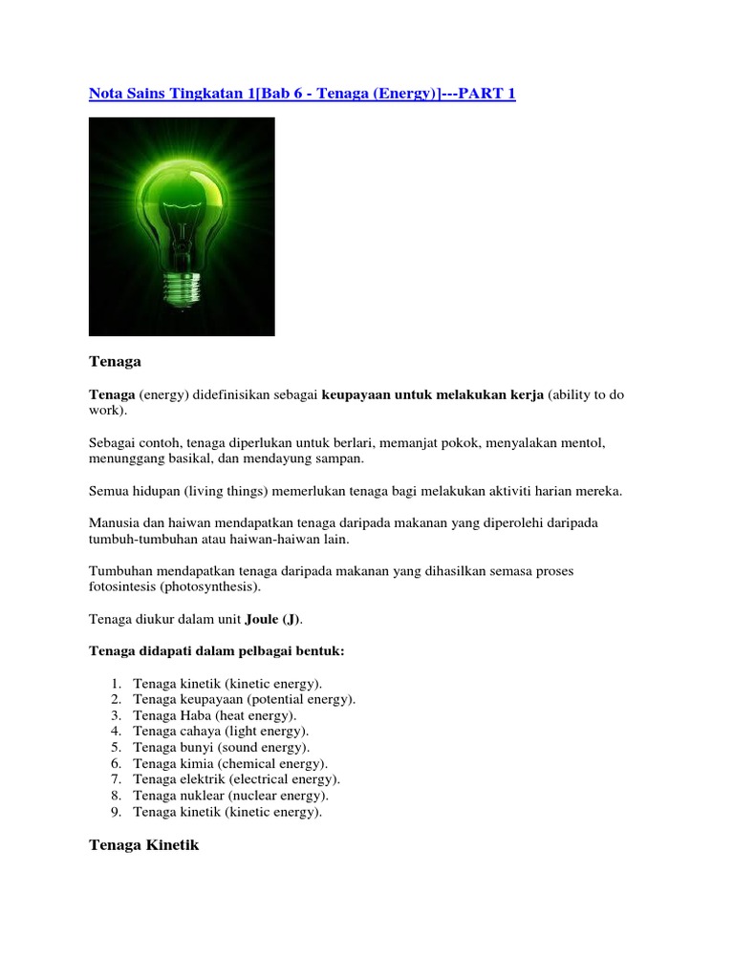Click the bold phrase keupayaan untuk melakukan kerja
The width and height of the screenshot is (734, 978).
pyautogui.click(x=433, y=393)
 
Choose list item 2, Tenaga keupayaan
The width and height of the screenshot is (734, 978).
pyautogui.click(x=245, y=699)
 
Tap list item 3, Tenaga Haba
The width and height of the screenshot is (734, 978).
pyautogui.click(x=215, y=715)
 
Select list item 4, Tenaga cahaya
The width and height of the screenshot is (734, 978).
pyautogui.click(x=221, y=732)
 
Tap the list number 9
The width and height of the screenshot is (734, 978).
pyautogui.click(x=115, y=813)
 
